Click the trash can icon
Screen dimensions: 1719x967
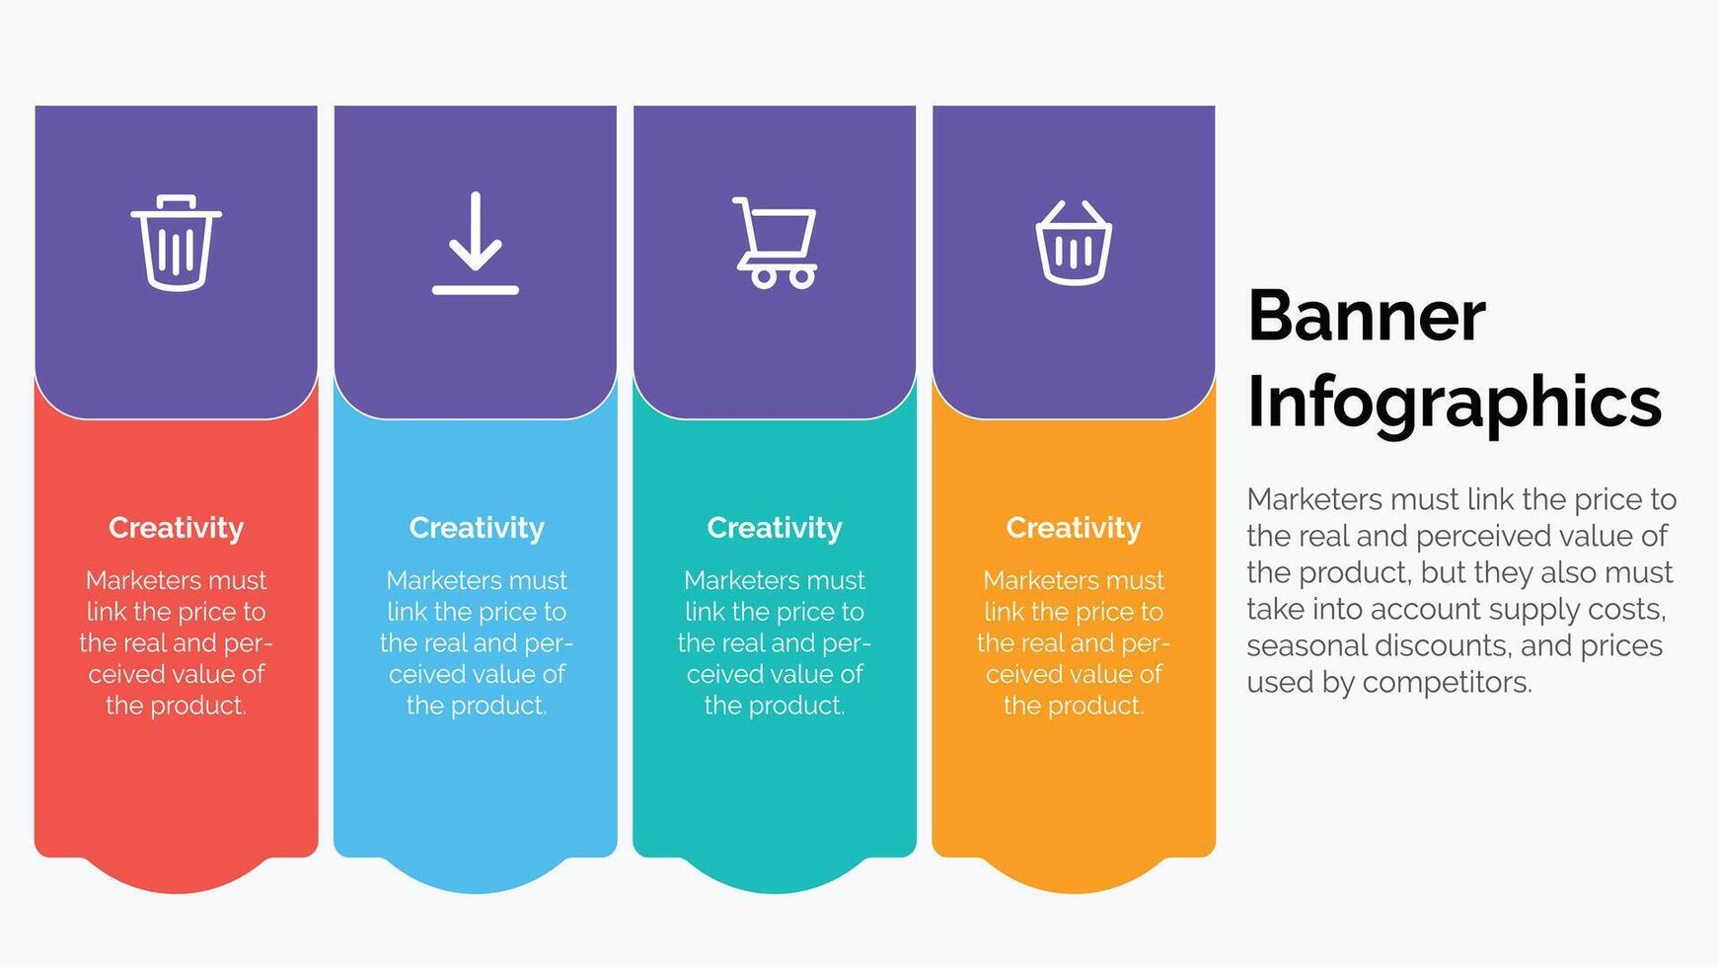(176, 243)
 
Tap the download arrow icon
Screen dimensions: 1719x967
(476, 243)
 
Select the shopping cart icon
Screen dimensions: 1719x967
(775, 243)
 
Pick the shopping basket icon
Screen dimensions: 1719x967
(1074, 243)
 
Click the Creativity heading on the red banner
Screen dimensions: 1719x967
(176, 529)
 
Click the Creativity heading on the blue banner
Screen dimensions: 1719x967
(477, 529)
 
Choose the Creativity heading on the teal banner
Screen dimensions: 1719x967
(775, 529)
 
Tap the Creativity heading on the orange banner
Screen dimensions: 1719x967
(1074, 529)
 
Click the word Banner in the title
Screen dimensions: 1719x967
(1367, 316)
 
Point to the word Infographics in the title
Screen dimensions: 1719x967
(1455, 403)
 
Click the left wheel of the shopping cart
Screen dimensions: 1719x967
(764, 276)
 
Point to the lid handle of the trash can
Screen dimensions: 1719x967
(176, 201)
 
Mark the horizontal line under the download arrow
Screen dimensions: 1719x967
(476, 290)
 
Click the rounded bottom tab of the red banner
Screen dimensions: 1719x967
(176, 875)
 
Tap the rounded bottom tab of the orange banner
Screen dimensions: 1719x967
(1074, 875)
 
